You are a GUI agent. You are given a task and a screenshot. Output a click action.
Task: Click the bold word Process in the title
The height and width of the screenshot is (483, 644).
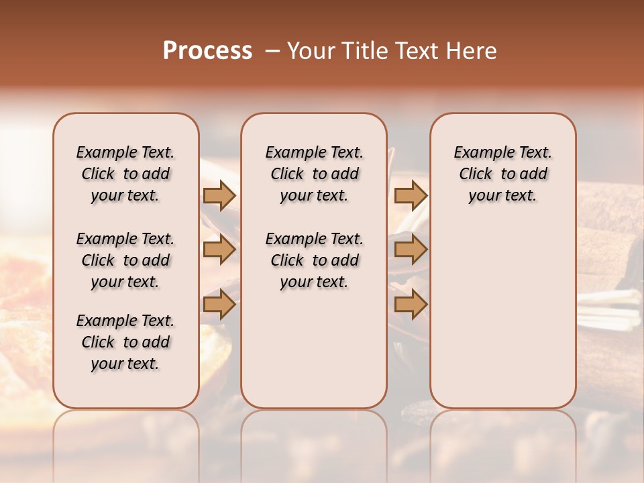tap(207, 51)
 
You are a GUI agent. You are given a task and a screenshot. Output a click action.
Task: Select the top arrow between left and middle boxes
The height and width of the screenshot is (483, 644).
tap(219, 196)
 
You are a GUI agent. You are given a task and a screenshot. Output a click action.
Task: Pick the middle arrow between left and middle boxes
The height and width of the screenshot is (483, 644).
tap(219, 250)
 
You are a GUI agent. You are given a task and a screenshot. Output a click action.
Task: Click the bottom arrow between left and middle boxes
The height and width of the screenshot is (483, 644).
tap(219, 305)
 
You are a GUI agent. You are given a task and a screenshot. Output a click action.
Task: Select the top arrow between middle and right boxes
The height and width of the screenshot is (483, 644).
tap(411, 196)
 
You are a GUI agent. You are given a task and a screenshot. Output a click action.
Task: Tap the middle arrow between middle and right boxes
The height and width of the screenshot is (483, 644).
tap(411, 250)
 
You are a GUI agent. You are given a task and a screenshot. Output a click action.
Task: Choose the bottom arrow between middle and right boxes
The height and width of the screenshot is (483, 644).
tap(411, 305)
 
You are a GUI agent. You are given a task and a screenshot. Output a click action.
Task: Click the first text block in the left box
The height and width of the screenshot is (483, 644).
tap(125, 174)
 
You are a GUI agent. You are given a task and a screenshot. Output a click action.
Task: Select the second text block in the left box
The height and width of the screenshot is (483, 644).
tap(125, 260)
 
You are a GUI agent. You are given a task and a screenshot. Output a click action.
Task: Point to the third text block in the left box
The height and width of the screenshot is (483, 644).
tap(125, 342)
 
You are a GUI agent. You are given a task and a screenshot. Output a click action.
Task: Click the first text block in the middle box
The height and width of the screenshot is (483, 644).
tap(314, 174)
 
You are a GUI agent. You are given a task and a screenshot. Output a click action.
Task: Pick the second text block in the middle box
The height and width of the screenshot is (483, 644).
tap(314, 260)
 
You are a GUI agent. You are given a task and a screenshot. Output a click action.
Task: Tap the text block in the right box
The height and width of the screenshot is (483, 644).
tap(502, 174)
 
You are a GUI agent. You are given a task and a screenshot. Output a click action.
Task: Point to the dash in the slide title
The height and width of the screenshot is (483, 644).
tap(272, 51)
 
